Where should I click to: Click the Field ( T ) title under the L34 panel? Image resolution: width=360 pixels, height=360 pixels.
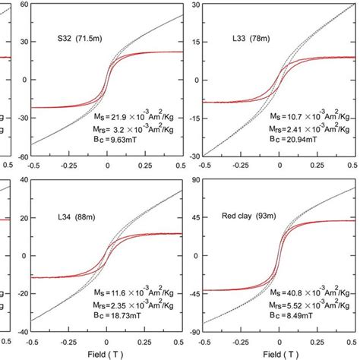click(x=107, y=354)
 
